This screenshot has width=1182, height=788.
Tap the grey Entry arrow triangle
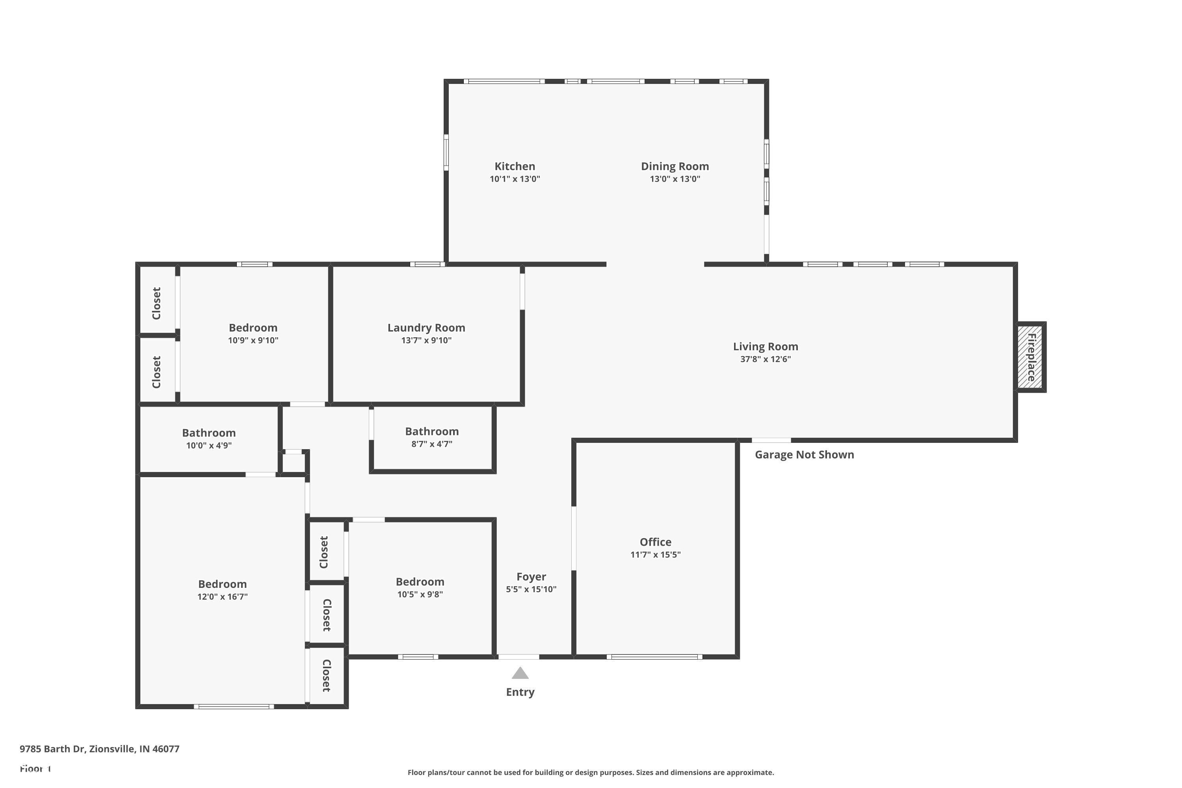pos(520,673)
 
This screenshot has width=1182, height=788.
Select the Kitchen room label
pos(515,166)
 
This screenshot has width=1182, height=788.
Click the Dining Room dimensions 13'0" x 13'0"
pos(675,179)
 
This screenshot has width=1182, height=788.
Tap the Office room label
pos(655,542)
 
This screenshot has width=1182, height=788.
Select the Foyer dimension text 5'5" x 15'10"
pos(531,589)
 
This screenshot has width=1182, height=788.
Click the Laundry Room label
pos(426,328)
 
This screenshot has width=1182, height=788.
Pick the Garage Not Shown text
pos(804,454)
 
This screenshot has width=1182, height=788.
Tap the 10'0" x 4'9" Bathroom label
pos(208,433)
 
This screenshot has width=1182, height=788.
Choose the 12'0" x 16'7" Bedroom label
pos(222,584)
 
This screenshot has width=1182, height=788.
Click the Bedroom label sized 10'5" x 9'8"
pos(420,582)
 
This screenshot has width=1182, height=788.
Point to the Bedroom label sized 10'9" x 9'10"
pos(253,328)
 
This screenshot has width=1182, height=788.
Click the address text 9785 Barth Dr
pos(100,749)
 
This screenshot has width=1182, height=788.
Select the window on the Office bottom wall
pos(654,657)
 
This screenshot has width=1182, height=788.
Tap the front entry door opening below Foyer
pos(519,657)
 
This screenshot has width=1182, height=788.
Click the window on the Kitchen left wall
pos(446,152)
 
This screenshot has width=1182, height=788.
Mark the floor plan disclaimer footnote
pos(591,772)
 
